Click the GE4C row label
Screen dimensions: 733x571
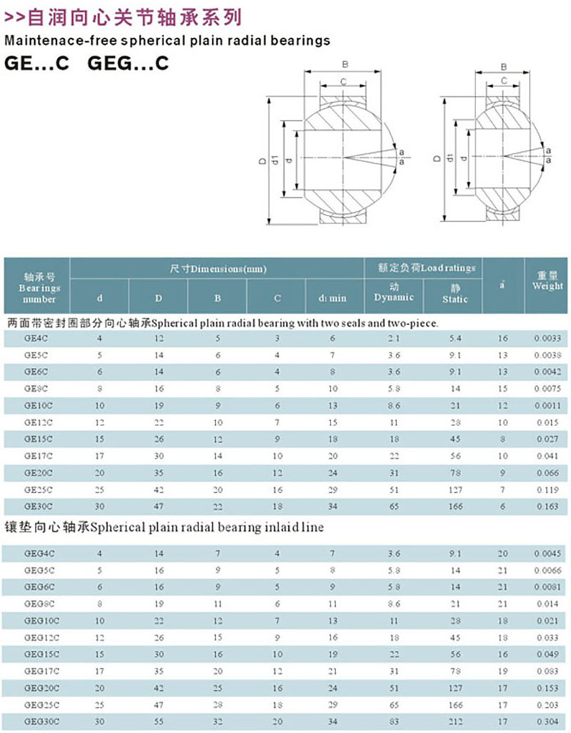pos(35,337)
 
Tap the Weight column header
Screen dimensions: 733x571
pos(547,280)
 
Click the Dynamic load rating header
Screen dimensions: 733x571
pos(393,292)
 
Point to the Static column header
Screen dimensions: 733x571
pos(455,294)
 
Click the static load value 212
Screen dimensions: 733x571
pos(455,722)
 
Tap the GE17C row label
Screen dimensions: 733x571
pos(37,456)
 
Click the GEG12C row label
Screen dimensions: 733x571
pos(39,636)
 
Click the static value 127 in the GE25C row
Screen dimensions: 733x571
pos(455,490)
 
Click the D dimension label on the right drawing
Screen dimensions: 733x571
pos(436,158)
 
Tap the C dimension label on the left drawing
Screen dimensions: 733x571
pos(343,82)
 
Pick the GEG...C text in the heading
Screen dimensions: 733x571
pos(128,63)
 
